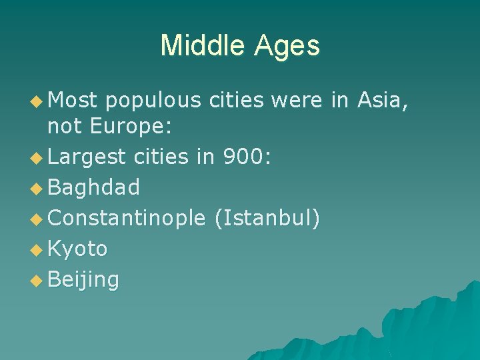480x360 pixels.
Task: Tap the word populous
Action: pyautogui.click(x=153, y=100)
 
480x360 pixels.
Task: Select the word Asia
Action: pyautogui.click(x=380, y=100)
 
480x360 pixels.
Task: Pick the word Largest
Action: pyautogui.click(x=87, y=157)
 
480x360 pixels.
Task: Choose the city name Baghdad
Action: pyautogui.click(x=94, y=188)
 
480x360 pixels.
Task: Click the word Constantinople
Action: pyautogui.click(x=127, y=219)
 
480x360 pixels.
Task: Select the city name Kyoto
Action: pyautogui.click(x=77, y=249)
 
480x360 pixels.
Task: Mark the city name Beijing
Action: pyautogui.click(x=84, y=280)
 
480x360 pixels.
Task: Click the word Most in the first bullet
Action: pyautogui.click(x=72, y=100)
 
